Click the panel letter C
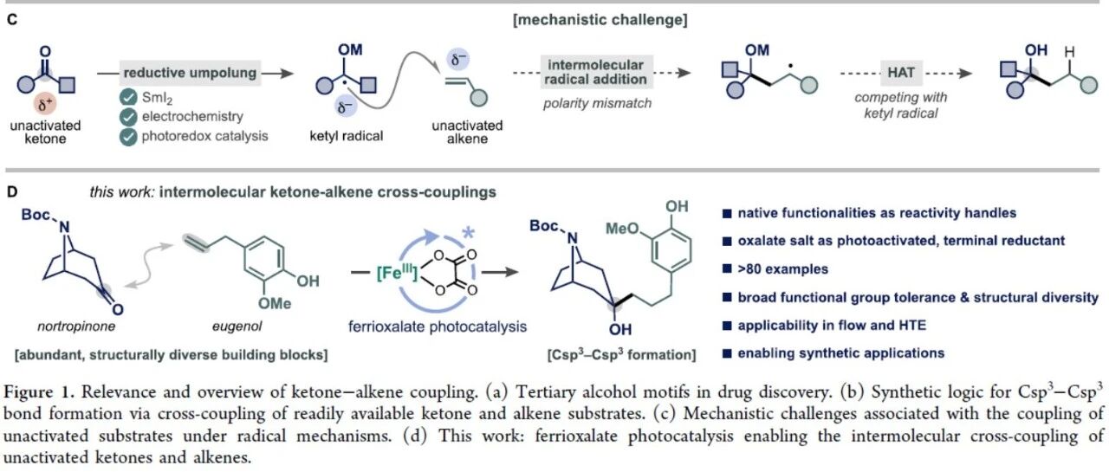tap(12, 20)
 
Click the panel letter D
tap(12, 192)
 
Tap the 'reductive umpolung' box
tap(190, 73)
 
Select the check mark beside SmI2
tap(128, 98)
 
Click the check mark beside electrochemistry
tap(128, 117)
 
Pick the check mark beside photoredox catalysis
tap(128, 137)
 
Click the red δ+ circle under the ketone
tap(45, 105)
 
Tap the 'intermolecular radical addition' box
tap(596, 72)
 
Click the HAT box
tap(900, 73)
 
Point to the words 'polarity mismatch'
tap(597, 103)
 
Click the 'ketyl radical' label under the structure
tap(346, 136)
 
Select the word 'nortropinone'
tap(76, 327)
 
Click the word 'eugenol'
tap(237, 327)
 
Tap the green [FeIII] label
tap(397, 273)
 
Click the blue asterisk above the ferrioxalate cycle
tap(468, 233)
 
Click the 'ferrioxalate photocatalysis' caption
tap(438, 327)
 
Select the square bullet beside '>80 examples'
tap(727, 268)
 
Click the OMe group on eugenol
tap(275, 303)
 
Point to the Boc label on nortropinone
tap(36, 215)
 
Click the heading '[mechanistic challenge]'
tap(600, 20)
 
